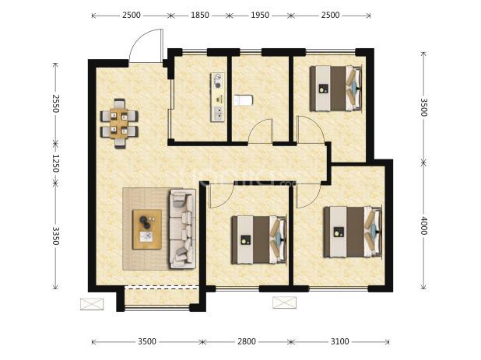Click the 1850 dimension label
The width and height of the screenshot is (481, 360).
[x=200, y=15]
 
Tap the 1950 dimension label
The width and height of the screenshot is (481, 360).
[x=260, y=15]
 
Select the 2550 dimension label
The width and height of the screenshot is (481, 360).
[x=55, y=103]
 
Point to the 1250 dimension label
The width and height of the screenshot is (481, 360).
[x=55, y=163]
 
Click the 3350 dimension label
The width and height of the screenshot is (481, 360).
[x=55, y=236]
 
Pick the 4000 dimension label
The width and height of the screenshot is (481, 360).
[x=423, y=225]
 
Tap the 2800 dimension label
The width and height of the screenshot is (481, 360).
[x=247, y=341]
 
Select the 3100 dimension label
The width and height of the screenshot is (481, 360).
[x=340, y=341]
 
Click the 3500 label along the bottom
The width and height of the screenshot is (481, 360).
[x=147, y=341]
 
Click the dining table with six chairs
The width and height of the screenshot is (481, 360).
[x=119, y=124]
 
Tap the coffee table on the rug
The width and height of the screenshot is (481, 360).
[x=147, y=229]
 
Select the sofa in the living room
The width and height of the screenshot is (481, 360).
[x=183, y=229]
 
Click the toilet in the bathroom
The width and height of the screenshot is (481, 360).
[x=243, y=100]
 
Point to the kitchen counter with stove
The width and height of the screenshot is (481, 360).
[x=217, y=97]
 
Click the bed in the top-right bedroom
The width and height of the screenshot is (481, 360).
[x=336, y=88]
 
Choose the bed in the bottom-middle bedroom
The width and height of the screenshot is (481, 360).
[x=258, y=239]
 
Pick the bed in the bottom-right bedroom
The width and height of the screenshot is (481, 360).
[x=353, y=232]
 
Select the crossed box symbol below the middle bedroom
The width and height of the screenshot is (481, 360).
[x=285, y=302]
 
